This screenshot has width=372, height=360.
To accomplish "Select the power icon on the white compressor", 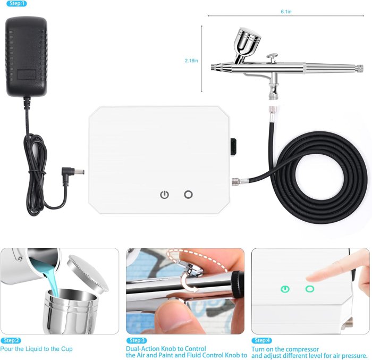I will pos(165,195).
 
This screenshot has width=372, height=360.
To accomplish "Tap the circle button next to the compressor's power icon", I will pos(188,195).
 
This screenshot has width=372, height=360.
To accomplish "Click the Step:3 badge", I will pos(137,340).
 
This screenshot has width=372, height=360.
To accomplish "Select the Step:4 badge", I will pos(261,340).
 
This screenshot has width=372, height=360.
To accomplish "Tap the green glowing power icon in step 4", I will pos(286,289).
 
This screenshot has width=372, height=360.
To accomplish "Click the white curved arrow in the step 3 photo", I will pos(190,285).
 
